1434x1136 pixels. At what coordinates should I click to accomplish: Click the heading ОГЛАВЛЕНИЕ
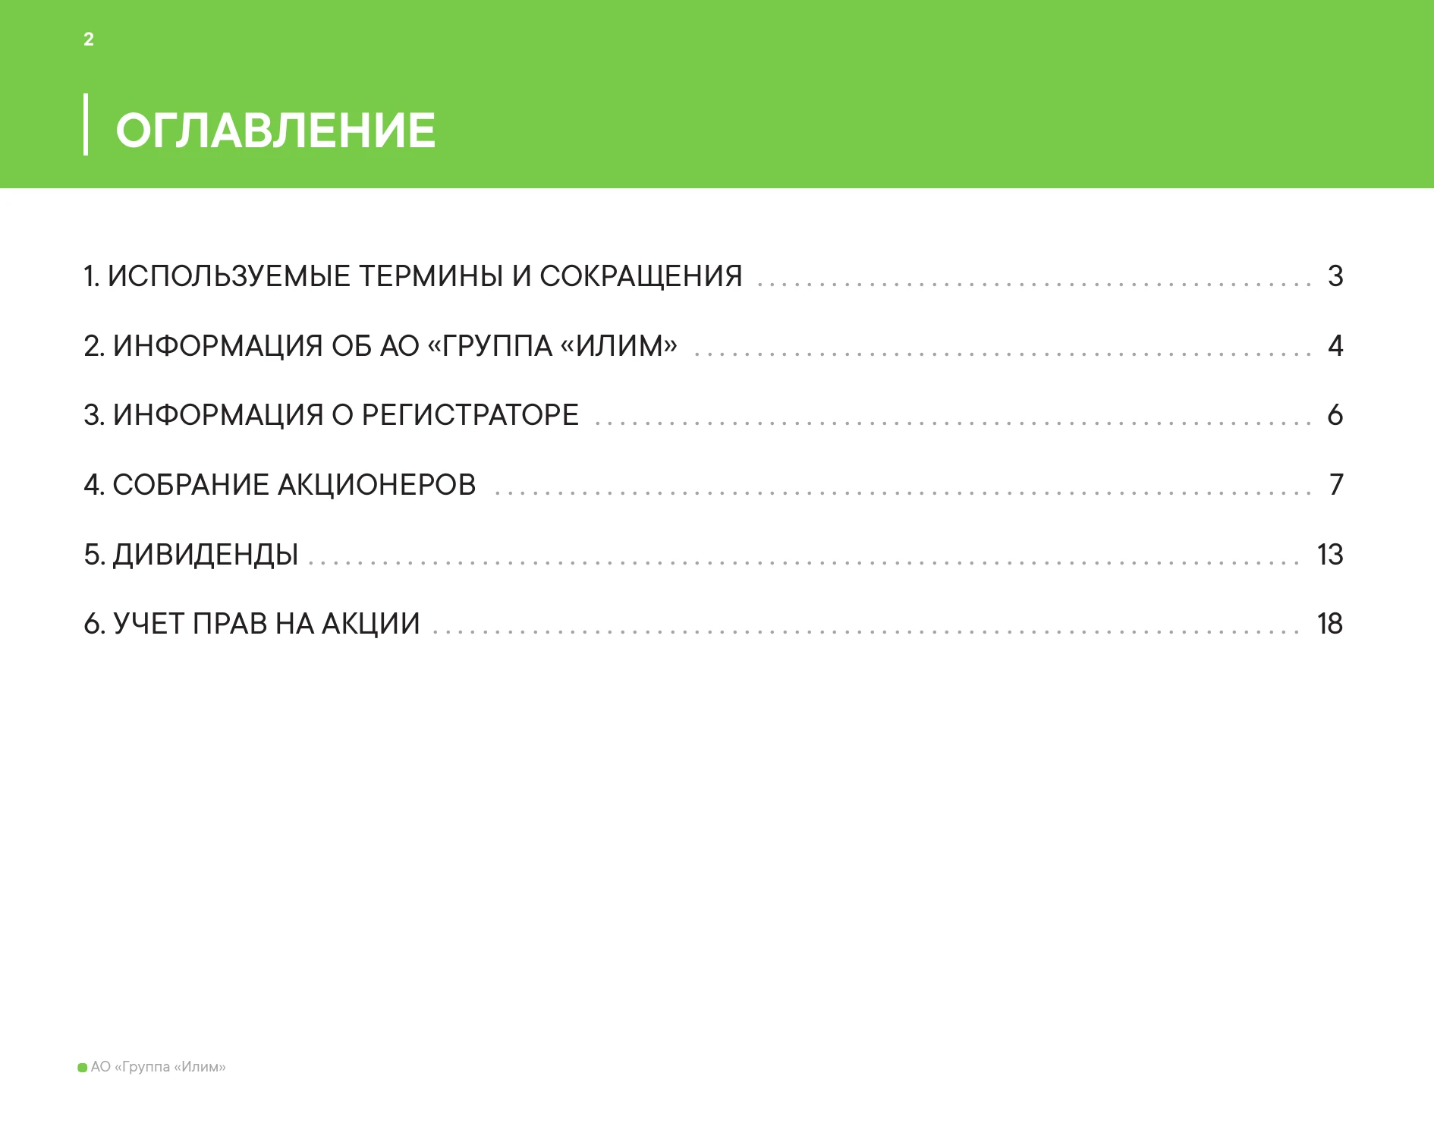(275, 130)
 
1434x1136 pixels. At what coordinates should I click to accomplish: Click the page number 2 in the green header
(89, 39)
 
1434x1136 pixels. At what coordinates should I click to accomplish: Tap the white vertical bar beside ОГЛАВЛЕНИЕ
(86, 124)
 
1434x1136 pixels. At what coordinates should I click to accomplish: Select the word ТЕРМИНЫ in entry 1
(430, 276)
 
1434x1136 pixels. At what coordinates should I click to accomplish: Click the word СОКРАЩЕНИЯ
(641, 276)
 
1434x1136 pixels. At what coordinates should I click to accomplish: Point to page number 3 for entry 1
(1335, 276)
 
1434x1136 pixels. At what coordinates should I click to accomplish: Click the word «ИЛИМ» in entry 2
(618, 346)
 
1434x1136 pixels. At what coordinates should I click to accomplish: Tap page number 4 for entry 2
(1335, 346)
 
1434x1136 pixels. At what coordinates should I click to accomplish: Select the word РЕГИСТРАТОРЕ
(470, 415)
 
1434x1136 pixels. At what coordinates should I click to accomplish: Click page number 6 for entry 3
(1335, 415)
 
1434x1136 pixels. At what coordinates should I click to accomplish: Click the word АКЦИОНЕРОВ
(376, 485)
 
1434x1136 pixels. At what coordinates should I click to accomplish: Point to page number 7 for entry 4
(1336, 485)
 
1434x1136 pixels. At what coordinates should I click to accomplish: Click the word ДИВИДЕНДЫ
(206, 555)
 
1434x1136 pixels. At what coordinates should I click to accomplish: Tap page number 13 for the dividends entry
(1330, 555)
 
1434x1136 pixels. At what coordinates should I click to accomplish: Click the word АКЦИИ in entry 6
(371, 624)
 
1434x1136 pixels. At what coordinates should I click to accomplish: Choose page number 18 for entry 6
(1330, 624)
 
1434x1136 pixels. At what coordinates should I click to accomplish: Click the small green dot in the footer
(83, 1068)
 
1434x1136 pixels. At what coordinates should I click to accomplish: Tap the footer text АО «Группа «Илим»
(159, 1067)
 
